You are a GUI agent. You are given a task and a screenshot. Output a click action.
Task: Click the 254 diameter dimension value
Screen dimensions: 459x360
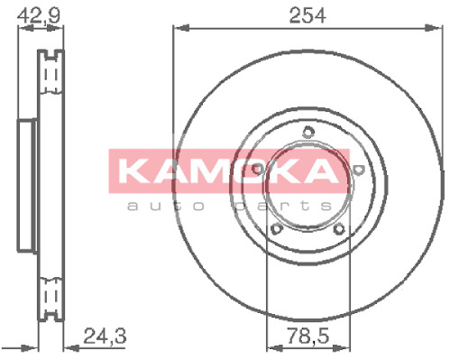coord(308,15)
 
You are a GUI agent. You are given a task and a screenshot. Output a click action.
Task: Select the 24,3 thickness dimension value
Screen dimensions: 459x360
coord(105,336)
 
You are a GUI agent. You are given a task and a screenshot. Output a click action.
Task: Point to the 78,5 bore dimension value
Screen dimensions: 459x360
coord(308,336)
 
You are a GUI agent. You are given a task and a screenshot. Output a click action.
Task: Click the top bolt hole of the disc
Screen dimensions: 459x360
coord(308,132)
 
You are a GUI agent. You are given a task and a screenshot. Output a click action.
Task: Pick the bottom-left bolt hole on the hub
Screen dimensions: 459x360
coord(276,229)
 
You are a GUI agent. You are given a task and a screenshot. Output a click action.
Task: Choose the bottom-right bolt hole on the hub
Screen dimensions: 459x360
coord(339,229)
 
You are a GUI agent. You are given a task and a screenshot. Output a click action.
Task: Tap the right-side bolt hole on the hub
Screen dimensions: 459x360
coord(358,170)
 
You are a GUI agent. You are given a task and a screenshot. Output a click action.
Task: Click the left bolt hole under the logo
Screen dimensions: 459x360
coord(257,169)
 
